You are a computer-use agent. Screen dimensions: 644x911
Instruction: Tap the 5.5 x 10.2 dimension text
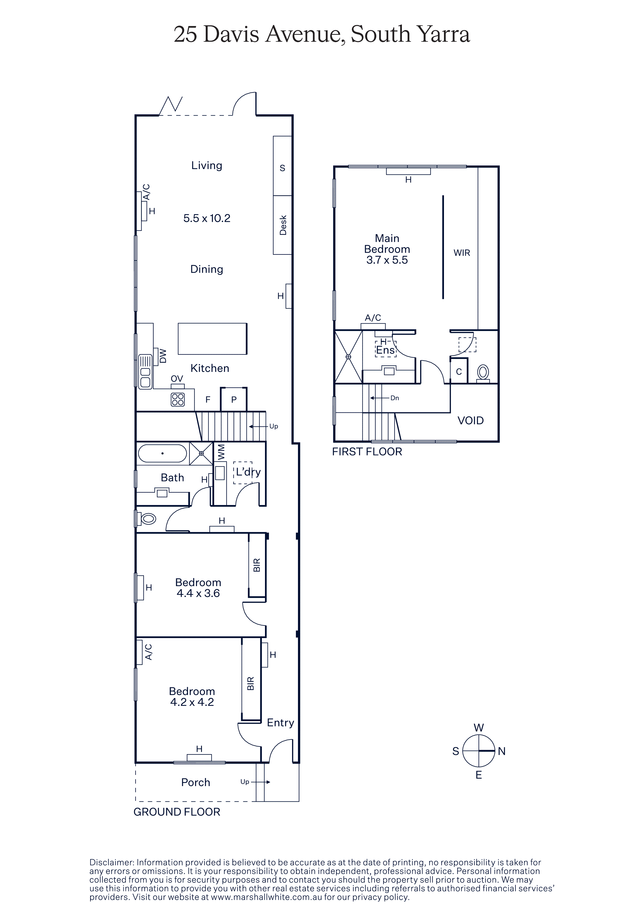(x=207, y=218)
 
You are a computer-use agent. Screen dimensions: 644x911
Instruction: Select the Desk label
(x=283, y=225)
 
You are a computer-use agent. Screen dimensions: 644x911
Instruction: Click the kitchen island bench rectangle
(x=212, y=338)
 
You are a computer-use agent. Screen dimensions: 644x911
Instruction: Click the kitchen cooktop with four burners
(x=178, y=400)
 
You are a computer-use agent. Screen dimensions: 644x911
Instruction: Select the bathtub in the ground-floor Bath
(x=162, y=453)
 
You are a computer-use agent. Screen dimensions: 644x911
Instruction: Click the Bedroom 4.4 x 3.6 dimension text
(x=198, y=593)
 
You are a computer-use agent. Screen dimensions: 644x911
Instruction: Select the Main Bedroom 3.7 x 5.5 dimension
(x=387, y=260)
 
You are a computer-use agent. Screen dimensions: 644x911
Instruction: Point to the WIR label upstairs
(x=462, y=253)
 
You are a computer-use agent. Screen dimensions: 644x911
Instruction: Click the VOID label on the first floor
(x=471, y=421)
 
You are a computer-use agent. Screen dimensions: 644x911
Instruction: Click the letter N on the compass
(x=502, y=751)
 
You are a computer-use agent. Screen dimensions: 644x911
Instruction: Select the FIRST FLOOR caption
(x=367, y=452)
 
